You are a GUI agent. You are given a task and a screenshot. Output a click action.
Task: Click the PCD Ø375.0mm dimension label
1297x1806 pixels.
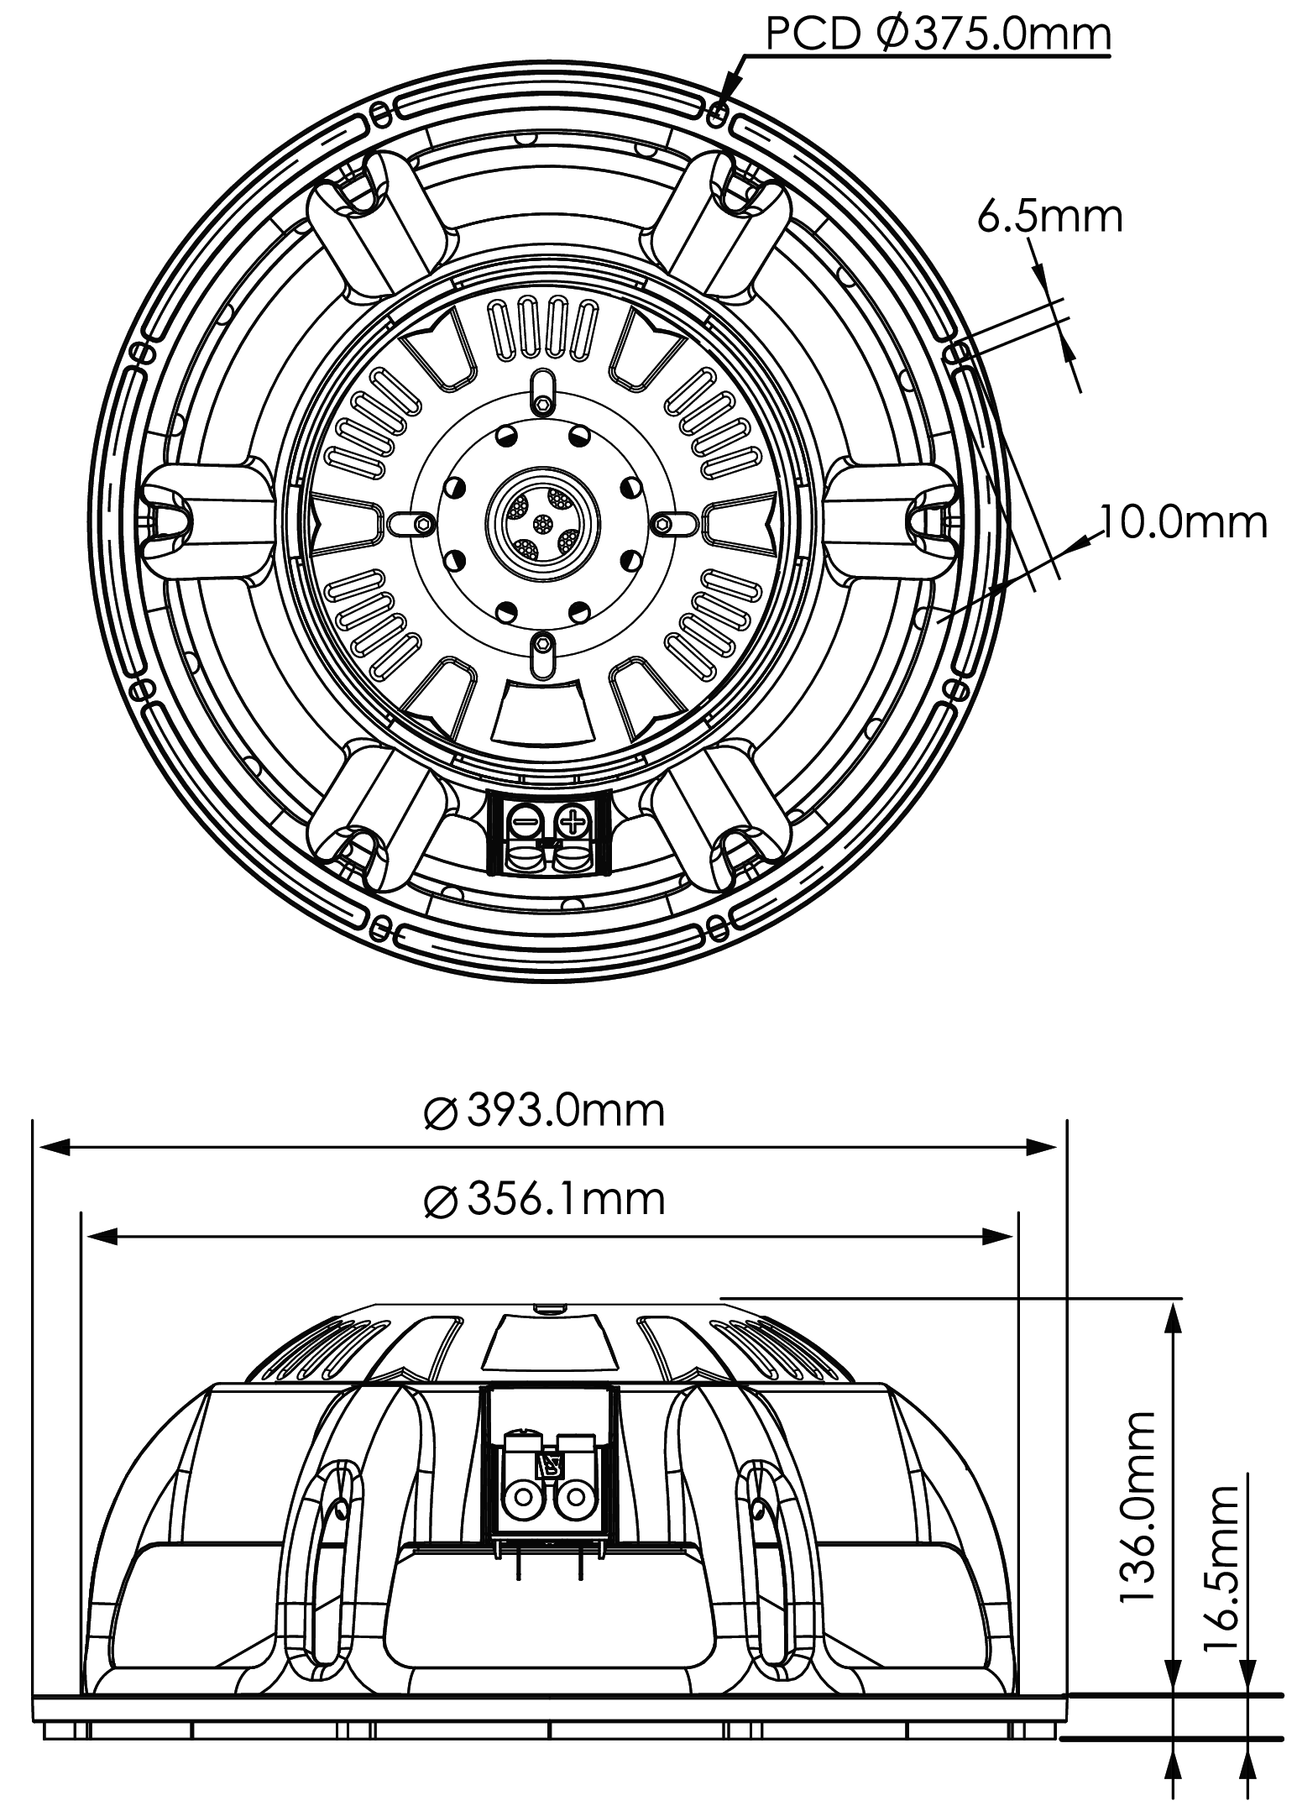pyautogui.click(x=938, y=35)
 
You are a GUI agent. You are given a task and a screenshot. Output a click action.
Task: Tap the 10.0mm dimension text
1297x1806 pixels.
pyautogui.click(x=1183, y=523)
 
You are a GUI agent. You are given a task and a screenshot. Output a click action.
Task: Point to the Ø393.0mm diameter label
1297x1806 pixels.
pyautogui.click(x=545, y=1111)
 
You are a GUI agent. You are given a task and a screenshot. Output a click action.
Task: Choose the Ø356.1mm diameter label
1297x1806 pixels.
pyautogui.click(x=545, y=1199)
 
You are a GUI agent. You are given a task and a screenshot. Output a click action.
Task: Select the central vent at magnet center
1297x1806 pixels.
pyautogui.click(x=542, y=522)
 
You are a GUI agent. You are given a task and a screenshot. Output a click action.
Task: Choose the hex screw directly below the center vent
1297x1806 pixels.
pyautogui.click(x=543, y=645)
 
